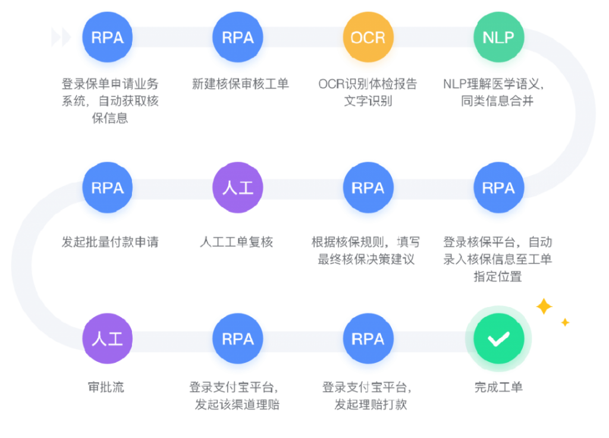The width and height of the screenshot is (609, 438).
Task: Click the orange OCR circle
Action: [x=368, y=38]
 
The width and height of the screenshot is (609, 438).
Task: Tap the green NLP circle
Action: [x=498, y=38]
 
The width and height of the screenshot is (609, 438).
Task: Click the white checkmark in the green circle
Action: [x=498, y=339]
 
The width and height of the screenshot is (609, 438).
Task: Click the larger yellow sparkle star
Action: [x=544, y=306]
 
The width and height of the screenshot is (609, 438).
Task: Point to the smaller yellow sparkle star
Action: [x=565, y=323]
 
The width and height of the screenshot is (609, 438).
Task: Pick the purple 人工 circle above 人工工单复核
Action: [x=238, y=188]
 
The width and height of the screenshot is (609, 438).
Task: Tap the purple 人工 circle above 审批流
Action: [x=108, y=339]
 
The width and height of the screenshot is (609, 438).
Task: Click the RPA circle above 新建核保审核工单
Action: [x=238, y=38]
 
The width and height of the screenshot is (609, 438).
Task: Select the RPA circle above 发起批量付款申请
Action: [x=108, y=188]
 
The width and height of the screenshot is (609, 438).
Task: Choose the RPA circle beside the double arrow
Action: [x=108, y=38]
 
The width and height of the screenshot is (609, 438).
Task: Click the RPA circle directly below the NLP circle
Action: [x=498, y=188]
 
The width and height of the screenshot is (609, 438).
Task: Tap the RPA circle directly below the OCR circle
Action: [x=368, y=188]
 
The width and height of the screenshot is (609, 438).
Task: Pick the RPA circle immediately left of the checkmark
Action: [x=368, y=339]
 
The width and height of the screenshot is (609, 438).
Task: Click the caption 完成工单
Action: [x=498, y=387]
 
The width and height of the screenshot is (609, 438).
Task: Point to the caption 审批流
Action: [x=108, y=387]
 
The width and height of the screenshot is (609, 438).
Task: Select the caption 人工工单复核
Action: [x=237, y=242]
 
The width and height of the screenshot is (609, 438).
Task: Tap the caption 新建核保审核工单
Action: [x=240, y=83]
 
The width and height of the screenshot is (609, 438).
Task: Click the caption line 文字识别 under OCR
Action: [x=368, y=101]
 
